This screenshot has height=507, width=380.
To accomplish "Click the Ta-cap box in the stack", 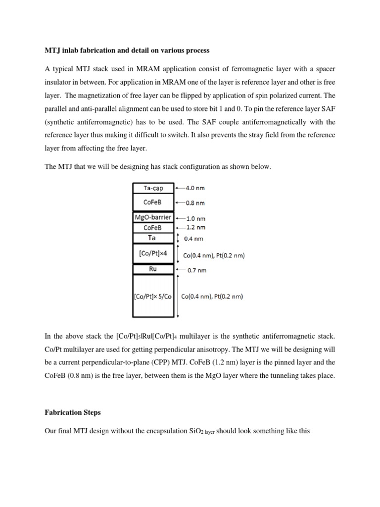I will click(x=154, y=188).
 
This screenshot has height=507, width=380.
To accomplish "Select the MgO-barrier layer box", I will click(x=153, y=217).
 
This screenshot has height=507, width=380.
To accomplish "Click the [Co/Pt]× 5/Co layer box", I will click(x=153, y=297).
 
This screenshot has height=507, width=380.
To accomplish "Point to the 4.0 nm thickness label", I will click(x=195, y=188).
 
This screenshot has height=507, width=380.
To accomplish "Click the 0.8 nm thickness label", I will click(x=195, y=203).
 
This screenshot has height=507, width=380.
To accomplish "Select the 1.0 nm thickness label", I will click(x=195, y=218).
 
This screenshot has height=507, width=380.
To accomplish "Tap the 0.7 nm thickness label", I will click(x=197, y=271).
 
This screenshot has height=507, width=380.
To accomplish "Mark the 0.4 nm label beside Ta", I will click(x=193, y=239).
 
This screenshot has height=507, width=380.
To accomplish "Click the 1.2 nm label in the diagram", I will click(x=195, y=228).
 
